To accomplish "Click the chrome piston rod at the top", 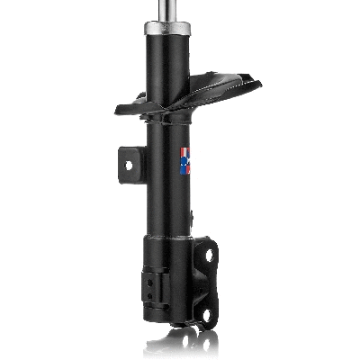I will click(x=168, y=13).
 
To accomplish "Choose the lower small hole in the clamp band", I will click(x=147, y=290).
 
